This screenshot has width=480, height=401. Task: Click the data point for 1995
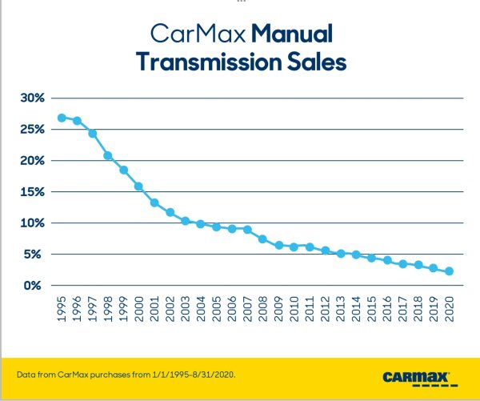pos(62,118)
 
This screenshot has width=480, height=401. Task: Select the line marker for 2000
pos(138,186)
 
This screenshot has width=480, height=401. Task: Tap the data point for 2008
pos(262,239)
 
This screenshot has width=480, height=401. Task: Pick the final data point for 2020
pos(449,271)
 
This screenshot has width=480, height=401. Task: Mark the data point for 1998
pos(108,155)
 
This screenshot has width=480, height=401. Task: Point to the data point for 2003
pos(185,221)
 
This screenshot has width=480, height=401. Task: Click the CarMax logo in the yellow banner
pos(416,375)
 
